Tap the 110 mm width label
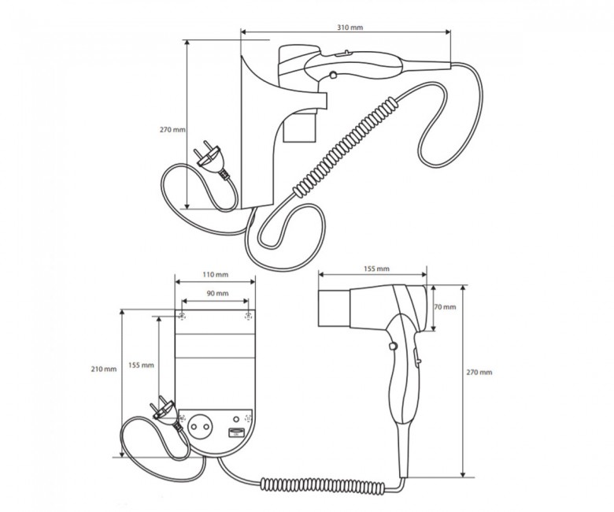(x=215, y=275)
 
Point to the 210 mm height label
(x=103, y=369)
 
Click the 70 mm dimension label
(x=445, y=306)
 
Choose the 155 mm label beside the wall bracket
(x=141, y=365)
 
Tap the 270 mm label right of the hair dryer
(x=479, y=372)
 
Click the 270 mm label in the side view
(x=172, y=129)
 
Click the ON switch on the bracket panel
(x=235, y=432)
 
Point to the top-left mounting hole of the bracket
(x=182, y=316)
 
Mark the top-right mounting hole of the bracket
(x=248, y=316)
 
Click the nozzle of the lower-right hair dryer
(x=334, y=307)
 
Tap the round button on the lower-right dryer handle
(x=393, y=346)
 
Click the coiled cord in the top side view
(x=347, y=147)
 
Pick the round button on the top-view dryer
(x=333, y=74)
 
